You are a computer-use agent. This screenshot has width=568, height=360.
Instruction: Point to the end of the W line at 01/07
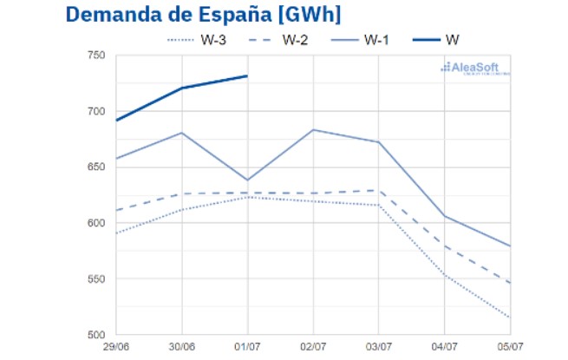(x=247, y=75)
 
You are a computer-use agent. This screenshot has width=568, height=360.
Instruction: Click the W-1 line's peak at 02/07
(x=312, y=130)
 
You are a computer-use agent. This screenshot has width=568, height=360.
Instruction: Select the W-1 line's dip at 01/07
(x=247, y=180)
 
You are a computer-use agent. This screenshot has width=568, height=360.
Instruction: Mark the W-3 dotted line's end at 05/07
(x=509, y=317)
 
